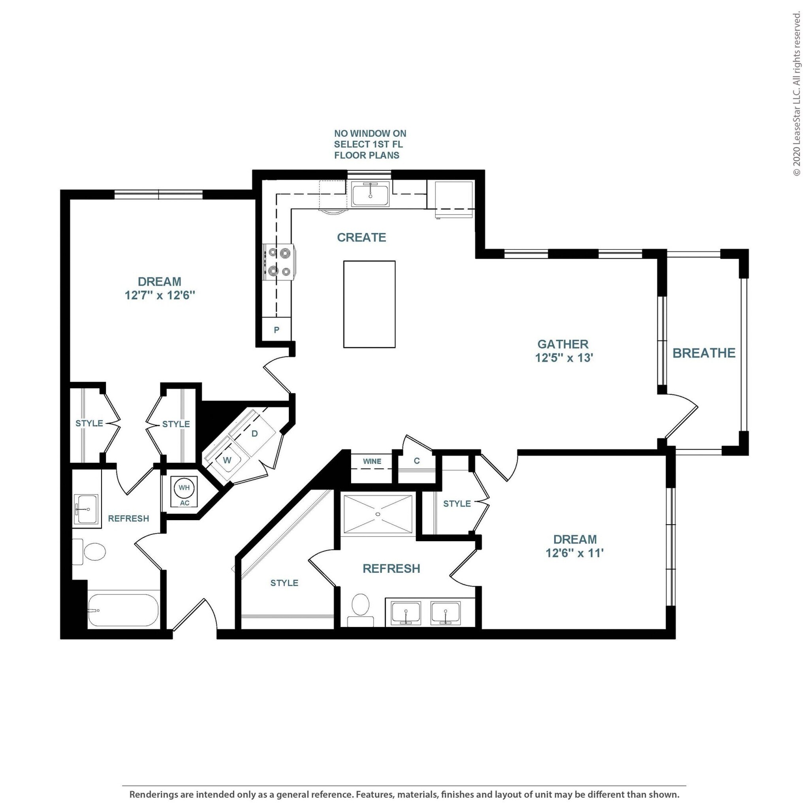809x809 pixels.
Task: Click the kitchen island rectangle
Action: pos(369,304)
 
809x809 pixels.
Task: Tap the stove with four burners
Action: pos(279,262)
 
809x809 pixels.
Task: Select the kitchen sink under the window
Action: pos(370,194)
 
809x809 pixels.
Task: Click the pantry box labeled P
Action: pos(277,330)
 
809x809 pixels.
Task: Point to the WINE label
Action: pos(372,461)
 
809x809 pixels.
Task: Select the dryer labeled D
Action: pos(254,433)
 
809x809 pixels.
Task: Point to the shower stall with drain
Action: pos(378,514)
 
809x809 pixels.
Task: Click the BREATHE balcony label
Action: pos(704,353)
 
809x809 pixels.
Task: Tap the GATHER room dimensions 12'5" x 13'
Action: pos(564,358)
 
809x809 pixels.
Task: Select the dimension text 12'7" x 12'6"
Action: pos(160,295)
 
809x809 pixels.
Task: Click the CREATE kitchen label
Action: pos(361,237)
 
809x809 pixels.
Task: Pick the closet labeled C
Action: pos(417,461)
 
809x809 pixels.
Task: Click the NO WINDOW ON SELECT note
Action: pos(370,144)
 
